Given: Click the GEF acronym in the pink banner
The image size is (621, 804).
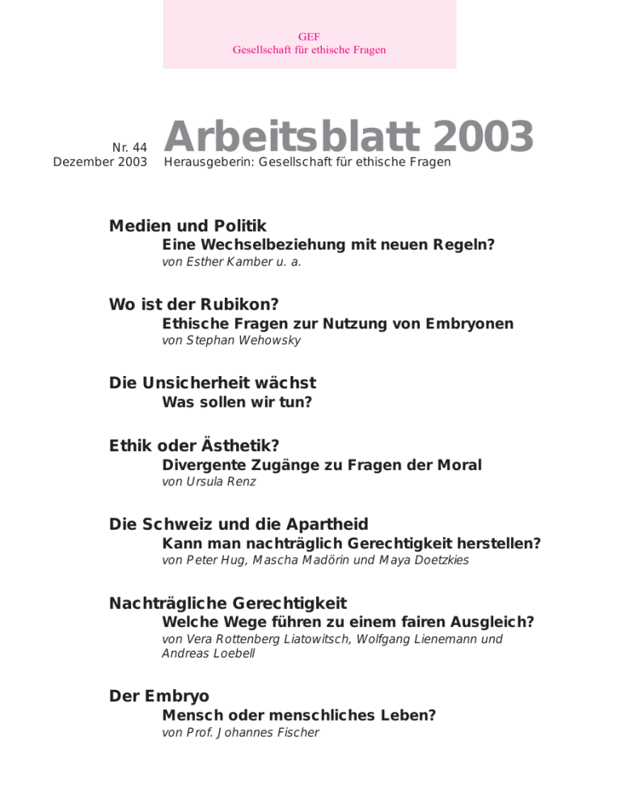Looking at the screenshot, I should point(309,36).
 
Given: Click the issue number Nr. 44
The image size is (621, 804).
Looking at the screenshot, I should point(129,146).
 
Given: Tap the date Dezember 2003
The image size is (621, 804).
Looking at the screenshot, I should point(100,163).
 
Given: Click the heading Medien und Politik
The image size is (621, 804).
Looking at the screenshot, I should point(188,226).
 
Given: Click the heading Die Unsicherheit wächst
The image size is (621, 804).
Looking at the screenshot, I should point(213,383).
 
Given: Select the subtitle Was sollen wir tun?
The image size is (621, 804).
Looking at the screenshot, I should point(237,402).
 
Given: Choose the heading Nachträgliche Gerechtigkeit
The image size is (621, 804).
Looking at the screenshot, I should point(228,603).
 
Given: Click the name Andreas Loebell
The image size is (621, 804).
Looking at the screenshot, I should point(208,654).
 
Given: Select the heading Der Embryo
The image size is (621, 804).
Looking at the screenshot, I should point(158,696).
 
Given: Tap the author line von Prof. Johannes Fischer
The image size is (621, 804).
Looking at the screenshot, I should point(240,733).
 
